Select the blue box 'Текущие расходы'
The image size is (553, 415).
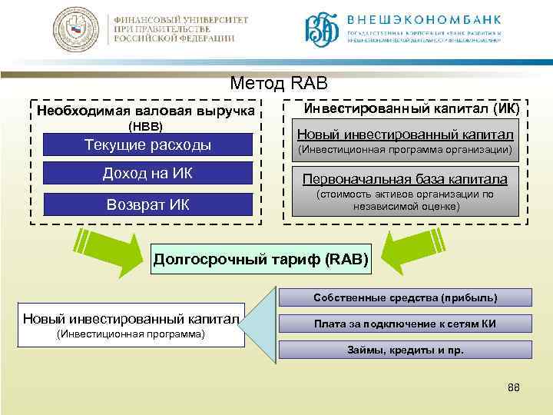[x=147, y=144]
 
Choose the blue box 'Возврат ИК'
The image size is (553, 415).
[x=147, y=204]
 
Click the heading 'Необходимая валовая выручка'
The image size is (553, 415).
[x=146, y=111]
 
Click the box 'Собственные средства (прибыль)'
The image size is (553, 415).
[x=404, y=297]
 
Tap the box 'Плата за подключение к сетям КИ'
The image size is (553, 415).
[x=404, y=324]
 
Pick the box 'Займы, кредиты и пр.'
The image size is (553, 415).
[x=404, y=350]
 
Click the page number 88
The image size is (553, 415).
[x=514, y=388]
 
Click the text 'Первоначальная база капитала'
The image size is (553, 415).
[x=405, y=180]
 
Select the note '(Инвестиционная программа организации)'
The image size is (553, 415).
[x=405, y=148]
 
